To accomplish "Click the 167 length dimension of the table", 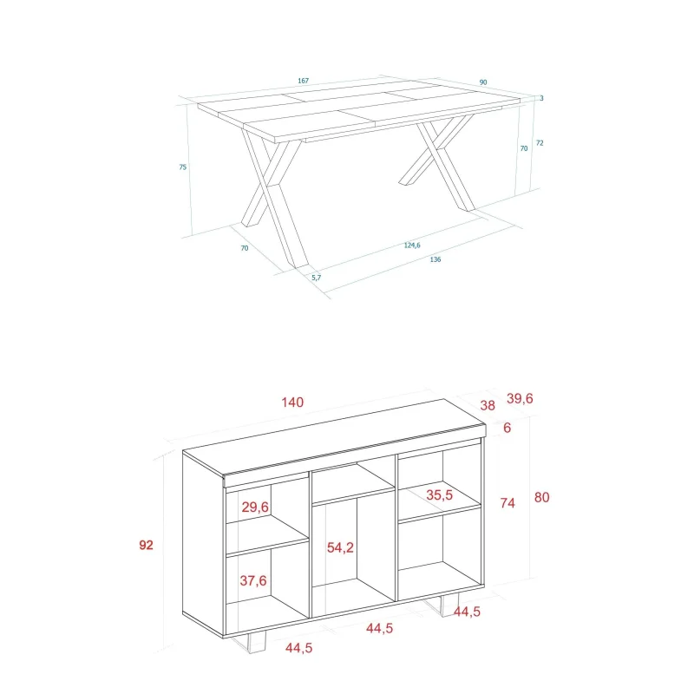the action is point(303,81).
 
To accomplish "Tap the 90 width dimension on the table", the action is point(483,82).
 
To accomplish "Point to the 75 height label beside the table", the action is point(183,167).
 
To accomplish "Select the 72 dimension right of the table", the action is point(540,143).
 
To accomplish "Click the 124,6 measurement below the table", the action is point(412,246).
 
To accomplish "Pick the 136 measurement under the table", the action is point(435,259).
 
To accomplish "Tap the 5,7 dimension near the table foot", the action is point(317,278).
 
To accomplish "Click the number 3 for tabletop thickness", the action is point(541,98).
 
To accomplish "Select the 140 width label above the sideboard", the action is point(292,403).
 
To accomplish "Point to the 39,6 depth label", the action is point(520,398).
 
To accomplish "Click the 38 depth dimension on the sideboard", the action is point(488,405).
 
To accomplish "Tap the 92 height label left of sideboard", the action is point(146,545).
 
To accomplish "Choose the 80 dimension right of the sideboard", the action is point(541,497).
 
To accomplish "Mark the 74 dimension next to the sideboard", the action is point(507,503).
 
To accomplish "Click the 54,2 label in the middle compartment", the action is point(340,548).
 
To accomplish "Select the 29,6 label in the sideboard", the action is point(255,507).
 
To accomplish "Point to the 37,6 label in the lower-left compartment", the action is point(253,580).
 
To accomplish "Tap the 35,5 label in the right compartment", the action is point(440,494).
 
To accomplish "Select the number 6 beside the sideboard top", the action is point(507,428).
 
